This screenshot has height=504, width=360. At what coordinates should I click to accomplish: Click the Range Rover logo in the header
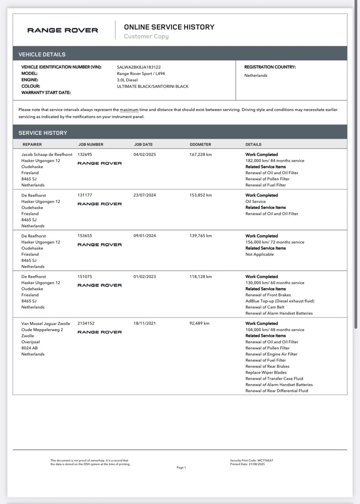tap(63, 30)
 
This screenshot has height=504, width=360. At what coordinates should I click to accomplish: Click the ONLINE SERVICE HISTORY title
tap(169, 27)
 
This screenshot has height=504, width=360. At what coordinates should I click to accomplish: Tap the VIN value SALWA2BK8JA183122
tap(139, 67)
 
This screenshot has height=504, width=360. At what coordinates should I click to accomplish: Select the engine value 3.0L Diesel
tap(127, 80)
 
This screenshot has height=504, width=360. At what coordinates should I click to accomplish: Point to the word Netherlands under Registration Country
tap(256, 76)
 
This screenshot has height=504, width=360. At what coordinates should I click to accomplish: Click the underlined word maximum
tap(129, 110)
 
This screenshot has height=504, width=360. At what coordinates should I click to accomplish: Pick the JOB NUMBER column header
tap(91, 144)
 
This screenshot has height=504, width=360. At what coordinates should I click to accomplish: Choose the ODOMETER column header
tap(200, 144)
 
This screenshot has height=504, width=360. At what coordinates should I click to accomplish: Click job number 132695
tap(85, 154)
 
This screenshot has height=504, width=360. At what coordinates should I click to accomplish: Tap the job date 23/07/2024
tap(144, 195)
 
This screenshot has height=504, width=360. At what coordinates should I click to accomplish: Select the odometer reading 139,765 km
tap(200, 236)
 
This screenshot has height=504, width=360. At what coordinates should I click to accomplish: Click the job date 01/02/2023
tap(144, 277)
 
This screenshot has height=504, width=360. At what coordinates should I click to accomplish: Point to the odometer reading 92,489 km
tap(199, 323)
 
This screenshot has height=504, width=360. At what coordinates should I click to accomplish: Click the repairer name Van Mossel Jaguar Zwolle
tap(46, 324)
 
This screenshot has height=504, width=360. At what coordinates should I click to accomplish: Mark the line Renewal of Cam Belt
tap(265, 307)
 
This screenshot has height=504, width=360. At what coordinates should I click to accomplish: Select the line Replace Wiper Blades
tap(266, 373)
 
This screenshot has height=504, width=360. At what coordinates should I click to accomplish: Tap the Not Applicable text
tap(259, 254)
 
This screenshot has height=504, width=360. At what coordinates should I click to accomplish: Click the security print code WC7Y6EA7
tap(265, 460)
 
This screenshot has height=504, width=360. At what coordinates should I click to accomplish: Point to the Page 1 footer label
tap(181, 467)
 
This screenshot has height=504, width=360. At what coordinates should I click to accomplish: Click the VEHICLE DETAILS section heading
tap(42, 54)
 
